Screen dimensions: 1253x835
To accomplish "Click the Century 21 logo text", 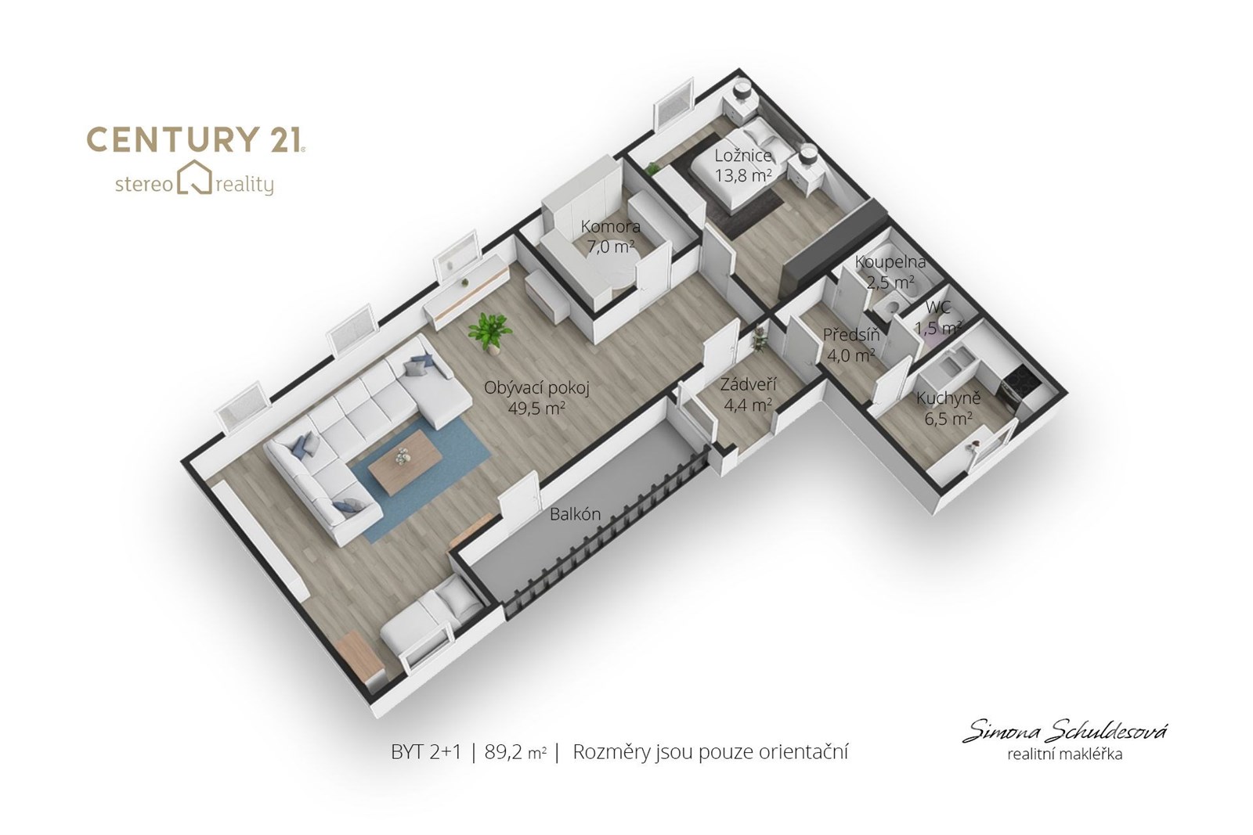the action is (x=196, y=140).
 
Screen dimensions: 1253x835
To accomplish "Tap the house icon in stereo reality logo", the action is (x=194, y=178).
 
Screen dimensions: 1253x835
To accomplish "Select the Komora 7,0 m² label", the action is (x=610, y=236).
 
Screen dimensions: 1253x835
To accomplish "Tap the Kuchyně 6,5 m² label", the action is (x=948, y=408).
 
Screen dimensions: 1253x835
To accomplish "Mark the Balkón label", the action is (x=575, y=514).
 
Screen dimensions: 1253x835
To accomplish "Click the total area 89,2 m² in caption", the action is (x=515, y=752).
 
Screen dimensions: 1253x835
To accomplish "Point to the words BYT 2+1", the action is (x=426, y=752).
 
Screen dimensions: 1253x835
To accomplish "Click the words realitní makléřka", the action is (x=1064, y=754).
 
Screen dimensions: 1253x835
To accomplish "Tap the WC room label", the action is (x=937, y=308).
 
